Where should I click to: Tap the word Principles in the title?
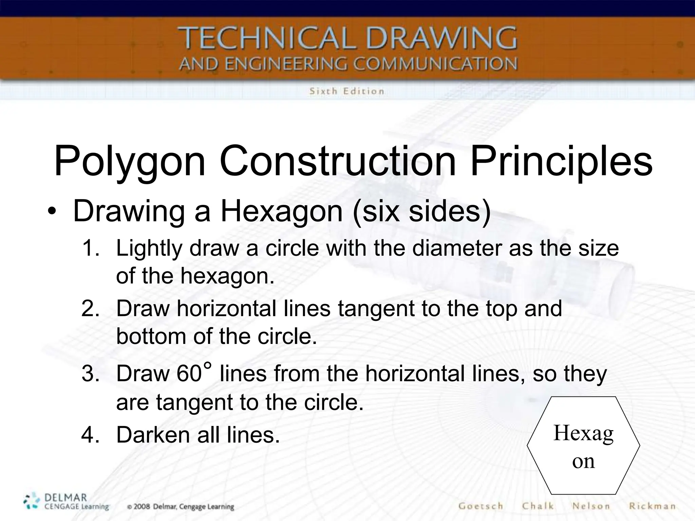pyautogui.click(x=561, y=161)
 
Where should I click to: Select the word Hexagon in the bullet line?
pyautogui.click(x=281, y=212)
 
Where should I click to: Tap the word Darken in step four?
pyautogui.click(x=153, y=435)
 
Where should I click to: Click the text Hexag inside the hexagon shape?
pyautogui.click(x=583, y=433)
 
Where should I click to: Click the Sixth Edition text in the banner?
pyautogui.click(x=346, y=91)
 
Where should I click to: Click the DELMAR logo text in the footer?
pyautogui.click(x=65, y=498)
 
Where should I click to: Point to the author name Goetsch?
pyautogui.click(x=481, y=506)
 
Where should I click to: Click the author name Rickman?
pyautogui.click(x=652, y=506)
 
